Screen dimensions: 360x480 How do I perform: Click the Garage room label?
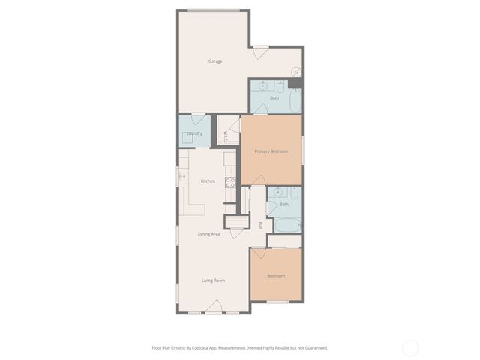[215, 61]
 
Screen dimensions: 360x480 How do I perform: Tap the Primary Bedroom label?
[271, 151]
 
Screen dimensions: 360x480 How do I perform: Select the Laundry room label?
[194, 133]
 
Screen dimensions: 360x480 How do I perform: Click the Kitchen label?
[208, 181]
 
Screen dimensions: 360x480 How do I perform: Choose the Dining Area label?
[209, 234]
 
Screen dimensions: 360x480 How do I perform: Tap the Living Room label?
[213, 280]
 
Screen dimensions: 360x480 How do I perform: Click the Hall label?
[260, 225]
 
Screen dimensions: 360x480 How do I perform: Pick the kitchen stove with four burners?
[231, 181]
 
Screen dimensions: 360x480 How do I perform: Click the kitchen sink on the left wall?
[182, 176]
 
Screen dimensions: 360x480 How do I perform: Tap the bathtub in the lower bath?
[285, 224]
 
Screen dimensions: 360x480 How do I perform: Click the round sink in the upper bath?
[263, 85]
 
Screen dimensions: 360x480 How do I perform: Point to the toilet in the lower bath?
[294, 194]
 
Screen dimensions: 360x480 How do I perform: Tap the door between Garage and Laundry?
[199, 118]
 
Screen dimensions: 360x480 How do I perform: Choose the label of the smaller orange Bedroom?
[276, 276]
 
